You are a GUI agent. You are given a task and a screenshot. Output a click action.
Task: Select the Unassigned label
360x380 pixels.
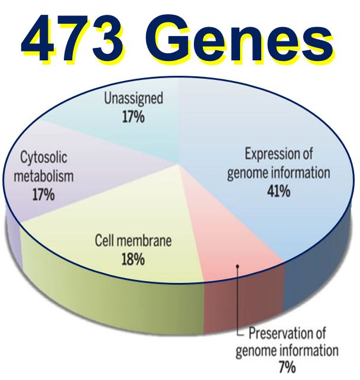click(x=134, y=99)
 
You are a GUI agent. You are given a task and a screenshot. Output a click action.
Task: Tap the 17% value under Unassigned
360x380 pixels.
click(x=134, y=117)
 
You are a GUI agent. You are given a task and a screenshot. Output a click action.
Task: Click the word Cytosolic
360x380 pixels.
click(x=44, y=157)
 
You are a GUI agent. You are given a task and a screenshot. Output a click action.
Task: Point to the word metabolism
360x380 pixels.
click(x=44, y=176)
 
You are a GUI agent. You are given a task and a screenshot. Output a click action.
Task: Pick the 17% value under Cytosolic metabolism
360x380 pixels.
click(x=44, y=194)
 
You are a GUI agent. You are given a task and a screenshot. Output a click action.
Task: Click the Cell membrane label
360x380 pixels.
click(x=133, y=241)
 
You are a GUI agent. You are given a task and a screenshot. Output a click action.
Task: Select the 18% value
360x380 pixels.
click(x=133, y=259)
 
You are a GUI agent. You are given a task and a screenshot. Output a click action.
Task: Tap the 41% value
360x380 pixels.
click(x=278, y=191)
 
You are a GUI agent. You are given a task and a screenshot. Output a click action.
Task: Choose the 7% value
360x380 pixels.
click(x=287, y=367)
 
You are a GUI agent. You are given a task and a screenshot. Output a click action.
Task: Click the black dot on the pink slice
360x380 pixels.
click(x=238, y=266)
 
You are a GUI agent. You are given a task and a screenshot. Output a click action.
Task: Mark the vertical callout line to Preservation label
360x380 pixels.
click(x=238, y=301)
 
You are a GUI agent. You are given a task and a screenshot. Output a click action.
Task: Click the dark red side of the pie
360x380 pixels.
click(x=244, y=306)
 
